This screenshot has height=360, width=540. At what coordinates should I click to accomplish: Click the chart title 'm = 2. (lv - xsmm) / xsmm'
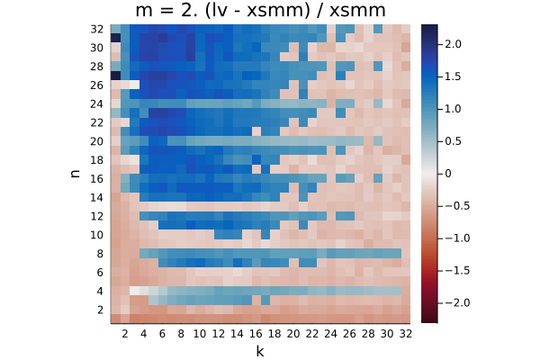coord(260,10)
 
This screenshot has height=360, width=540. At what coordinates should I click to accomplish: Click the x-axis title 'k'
coord(260,351)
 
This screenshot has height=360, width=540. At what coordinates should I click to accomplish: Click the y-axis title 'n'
coord(75,174)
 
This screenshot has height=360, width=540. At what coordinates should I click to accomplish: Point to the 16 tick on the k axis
coord(256,334)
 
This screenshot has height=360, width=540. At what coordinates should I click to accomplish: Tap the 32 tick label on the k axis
coord(405,334)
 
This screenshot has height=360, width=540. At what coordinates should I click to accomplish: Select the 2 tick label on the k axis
coord(125,334)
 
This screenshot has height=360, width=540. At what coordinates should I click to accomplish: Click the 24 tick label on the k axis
coord(330,334)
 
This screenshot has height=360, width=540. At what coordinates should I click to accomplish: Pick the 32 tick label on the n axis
coord(97,29)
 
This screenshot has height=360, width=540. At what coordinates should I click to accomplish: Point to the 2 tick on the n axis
coord(100,310)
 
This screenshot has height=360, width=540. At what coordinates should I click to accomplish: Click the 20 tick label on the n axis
coord(97,141)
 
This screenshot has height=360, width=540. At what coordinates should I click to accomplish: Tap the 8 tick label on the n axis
coord(100,254)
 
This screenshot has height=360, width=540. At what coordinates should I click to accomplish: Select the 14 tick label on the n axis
coord(97,197)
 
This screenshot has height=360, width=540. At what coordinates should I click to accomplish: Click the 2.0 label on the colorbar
coord(453,44)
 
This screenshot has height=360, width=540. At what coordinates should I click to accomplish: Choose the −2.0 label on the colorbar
coord(457,302)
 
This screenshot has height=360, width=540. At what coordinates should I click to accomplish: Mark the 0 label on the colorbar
coord(448,174)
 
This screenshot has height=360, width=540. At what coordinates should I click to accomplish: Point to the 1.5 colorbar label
coord(453,76)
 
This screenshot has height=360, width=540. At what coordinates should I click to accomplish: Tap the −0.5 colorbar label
coord(457,206)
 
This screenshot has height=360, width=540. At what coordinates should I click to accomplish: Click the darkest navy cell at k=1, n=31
coord(115,38)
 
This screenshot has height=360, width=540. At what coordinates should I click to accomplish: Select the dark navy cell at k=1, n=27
coord(115,76)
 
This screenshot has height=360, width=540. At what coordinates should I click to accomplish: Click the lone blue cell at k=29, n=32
coord(377,29)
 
